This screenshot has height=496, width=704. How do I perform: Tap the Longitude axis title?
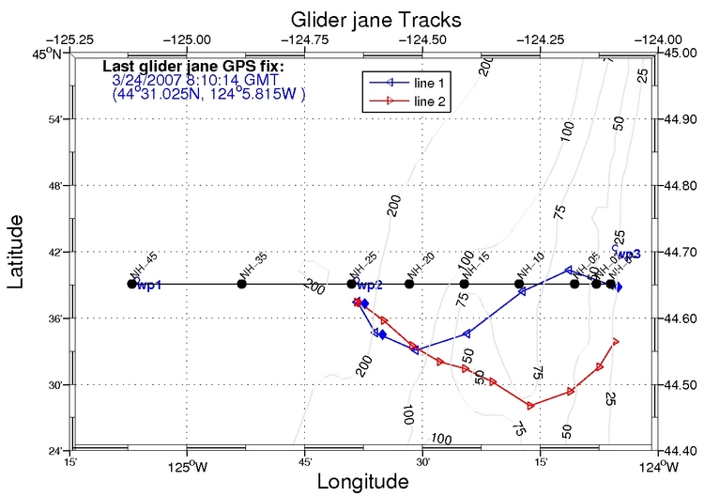click(362, 481)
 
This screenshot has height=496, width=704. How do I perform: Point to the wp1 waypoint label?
click(149, 286)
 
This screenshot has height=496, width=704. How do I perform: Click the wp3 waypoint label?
click(628, 254)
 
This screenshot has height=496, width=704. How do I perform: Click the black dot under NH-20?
click(409, 284)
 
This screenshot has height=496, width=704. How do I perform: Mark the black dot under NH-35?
click(242, 284)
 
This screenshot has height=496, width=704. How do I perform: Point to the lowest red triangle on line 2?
click(531, 406)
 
